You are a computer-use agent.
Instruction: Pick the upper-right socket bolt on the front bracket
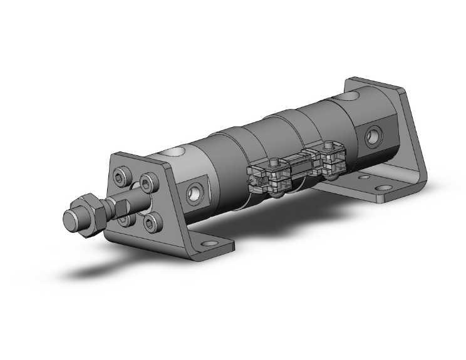tap(148, 182)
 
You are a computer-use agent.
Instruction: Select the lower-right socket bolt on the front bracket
tap(152, 222)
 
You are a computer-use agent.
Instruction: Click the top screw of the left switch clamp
tap(274, 165)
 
